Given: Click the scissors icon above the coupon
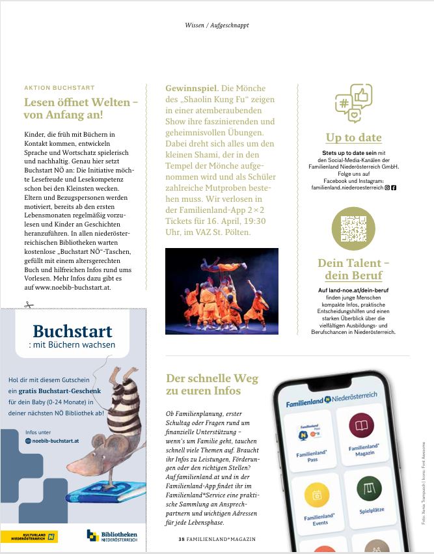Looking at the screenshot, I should pos(28,303).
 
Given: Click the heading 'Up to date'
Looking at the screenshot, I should pos(353,137).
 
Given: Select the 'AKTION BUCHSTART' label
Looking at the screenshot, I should pos(59,87).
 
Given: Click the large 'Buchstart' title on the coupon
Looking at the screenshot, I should pos(72,331).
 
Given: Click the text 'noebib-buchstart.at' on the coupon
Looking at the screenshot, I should pos(55,441).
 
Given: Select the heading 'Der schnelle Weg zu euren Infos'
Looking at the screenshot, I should pos(212,384).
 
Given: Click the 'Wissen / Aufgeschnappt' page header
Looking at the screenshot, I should pos(217,25).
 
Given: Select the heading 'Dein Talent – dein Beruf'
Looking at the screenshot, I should pos(353,269).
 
